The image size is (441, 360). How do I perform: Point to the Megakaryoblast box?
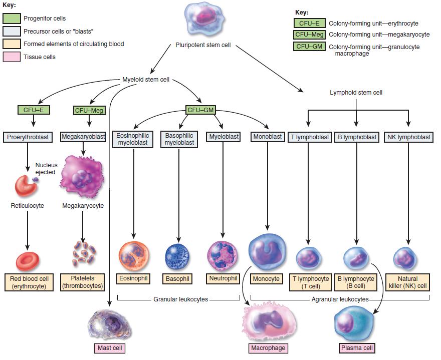point(83,136)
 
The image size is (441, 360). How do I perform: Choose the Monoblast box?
point(267,136)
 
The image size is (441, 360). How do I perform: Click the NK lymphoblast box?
point(408,137)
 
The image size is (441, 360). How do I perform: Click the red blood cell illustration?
point(28,261)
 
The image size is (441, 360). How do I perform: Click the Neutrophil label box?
point(222,278)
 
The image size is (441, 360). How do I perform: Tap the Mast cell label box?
point(109,347)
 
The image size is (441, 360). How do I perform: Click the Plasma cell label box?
point(356,347)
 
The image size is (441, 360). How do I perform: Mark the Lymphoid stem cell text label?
point(356,93)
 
